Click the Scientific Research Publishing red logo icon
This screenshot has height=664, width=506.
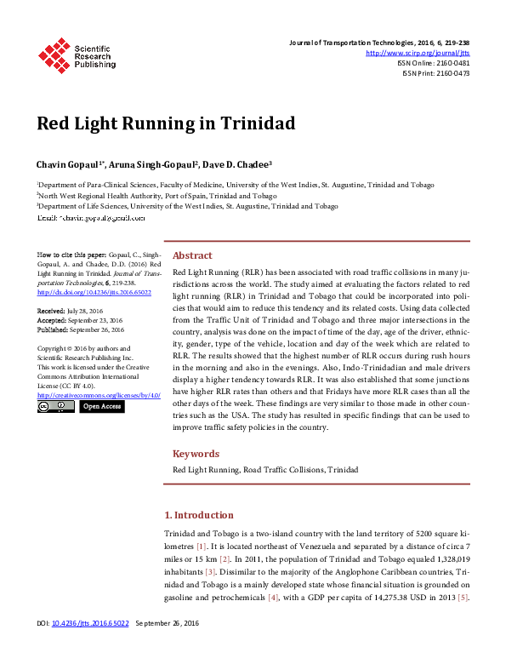(x=54, y=54)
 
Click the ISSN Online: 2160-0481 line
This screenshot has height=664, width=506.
(x=433, y=63)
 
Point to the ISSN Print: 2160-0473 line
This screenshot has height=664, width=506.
(x=435, y=73)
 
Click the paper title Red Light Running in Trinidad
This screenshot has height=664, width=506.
(x=166, y=123)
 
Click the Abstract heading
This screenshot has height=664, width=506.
(x=192, y=255)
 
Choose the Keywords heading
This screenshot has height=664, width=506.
(x=196, y=454)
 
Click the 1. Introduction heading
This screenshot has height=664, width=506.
(x=198, y=515)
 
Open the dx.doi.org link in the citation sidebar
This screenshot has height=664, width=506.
(x=82, y=292)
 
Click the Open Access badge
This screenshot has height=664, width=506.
(x=101, y=406)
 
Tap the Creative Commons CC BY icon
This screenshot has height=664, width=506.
(x=55, y=406)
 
